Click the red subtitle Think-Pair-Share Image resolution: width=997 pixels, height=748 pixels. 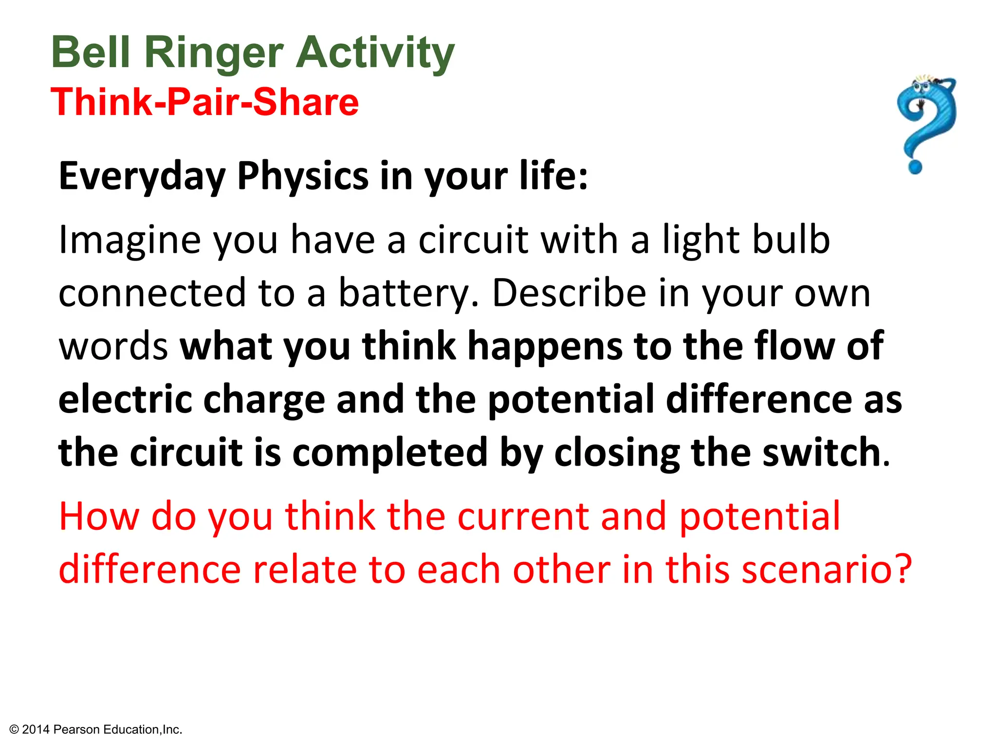(x=204, y=102)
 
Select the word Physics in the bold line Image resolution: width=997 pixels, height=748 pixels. (x=303, y=176)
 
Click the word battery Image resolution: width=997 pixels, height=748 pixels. (x=404, y=294)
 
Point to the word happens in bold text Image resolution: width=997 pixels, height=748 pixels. (x=545, y=346)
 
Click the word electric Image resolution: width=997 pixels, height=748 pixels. (x=125, y=399)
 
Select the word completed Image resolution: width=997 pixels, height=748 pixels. (x=390, y=453)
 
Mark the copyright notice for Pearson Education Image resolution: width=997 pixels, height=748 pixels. (x=96, y=729)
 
